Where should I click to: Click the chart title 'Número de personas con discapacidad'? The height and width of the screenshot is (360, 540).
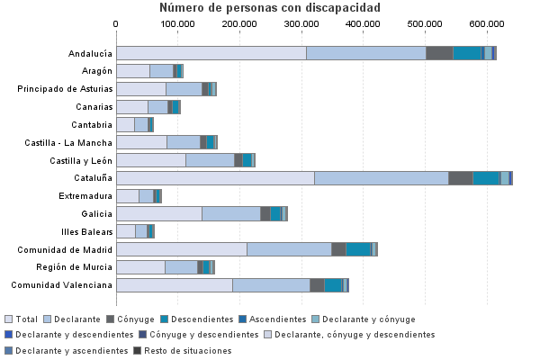pos(269,8)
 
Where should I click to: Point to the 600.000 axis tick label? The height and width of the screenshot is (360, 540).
pos(486,23)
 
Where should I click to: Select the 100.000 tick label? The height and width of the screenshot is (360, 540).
pos(178,23)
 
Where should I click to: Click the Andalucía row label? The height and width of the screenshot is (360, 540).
pos(90,53)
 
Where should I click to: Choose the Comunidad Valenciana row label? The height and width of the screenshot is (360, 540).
pos(62,285)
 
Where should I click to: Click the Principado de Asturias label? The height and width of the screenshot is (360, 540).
pos(65,88)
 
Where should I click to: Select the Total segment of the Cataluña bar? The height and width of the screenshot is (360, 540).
pos(215,178)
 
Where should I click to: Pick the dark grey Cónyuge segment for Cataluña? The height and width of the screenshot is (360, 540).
pos(460,178)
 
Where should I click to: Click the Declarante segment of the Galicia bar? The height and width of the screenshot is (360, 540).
pos(230,213)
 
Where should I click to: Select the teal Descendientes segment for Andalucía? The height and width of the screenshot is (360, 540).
pos(466,53)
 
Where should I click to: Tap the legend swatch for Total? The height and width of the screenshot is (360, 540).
pos(9,319)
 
